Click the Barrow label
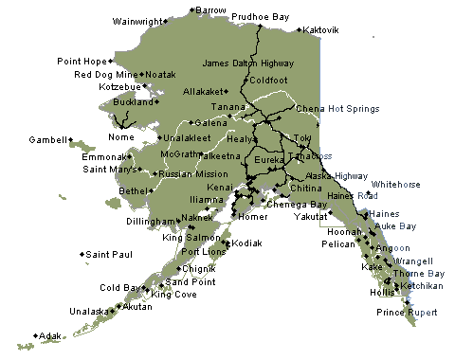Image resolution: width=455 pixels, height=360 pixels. click(210, 9)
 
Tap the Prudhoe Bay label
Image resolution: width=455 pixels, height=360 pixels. click(286, 16)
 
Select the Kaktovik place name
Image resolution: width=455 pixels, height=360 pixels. click(322, 30)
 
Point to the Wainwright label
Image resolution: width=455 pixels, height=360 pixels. click(138, 21)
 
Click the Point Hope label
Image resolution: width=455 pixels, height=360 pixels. click(82, 62)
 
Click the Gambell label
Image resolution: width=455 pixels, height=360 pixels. click(47, 139)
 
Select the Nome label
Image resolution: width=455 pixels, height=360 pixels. click(122, 136)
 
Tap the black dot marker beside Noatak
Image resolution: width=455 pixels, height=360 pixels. click(141, 74)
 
